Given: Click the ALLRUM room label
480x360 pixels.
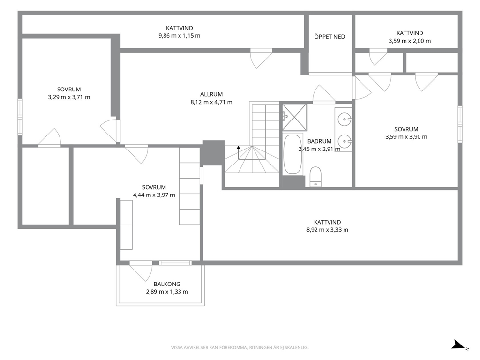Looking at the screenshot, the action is (x=211, y=94).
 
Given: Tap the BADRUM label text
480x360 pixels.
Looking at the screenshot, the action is (x=319, y=141).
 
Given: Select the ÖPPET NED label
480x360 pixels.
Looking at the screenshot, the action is (x=330, y=37).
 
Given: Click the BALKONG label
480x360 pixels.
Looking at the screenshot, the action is (x=167, y=284).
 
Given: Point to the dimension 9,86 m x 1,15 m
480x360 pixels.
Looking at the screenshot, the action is (x=180, y=36).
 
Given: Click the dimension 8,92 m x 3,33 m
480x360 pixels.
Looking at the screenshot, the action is (x=327, y=230).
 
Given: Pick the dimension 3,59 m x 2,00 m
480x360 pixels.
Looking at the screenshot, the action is (x=409, y=41).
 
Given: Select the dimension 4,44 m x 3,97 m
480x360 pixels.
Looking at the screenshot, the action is (x=154, y=195).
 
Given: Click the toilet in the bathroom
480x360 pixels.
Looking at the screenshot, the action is (x=315, y=177).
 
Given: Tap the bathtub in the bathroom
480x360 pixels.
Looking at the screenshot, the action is (x=293, y=154).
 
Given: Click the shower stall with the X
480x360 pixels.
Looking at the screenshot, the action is (x=295, y=117).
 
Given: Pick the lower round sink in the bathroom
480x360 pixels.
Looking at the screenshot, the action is (x=345, y=141).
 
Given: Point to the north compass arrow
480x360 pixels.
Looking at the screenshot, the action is (x=459, y=345).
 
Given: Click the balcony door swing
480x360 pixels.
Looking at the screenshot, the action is (x=141, y=271).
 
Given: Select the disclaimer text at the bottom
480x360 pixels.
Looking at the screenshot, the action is (x=240, y=348).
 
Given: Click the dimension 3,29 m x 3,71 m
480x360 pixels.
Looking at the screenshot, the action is (x=69, y=97).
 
